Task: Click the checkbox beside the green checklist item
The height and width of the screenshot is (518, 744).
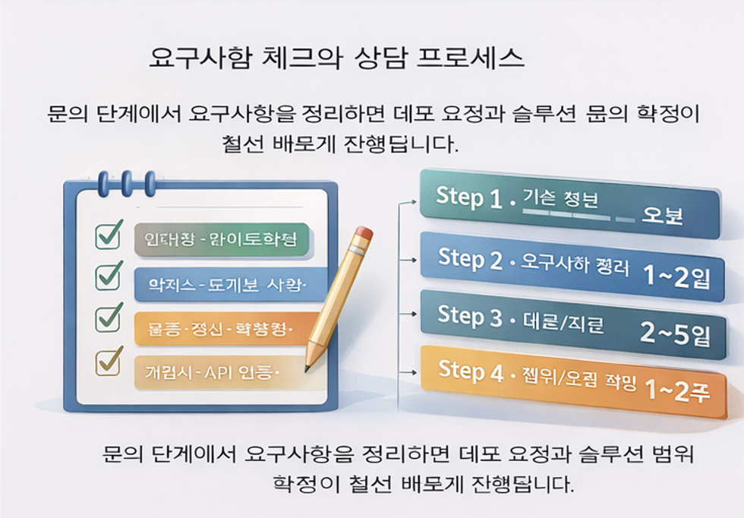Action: tap(109, 236)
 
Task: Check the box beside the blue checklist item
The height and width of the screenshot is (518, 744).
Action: tap(109, 276)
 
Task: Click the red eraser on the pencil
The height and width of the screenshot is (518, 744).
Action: tap(363, 234)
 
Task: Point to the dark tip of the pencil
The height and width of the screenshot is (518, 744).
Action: tap(307, 368)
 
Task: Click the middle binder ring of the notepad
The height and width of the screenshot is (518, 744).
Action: tap(126, 183)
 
